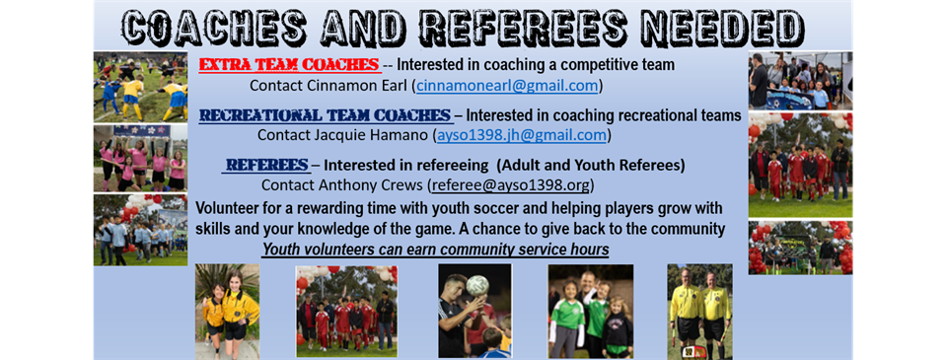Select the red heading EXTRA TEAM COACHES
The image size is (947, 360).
(x=290, y=65)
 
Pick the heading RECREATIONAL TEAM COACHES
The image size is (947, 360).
(x=326, y=115)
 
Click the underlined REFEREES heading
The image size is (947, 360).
(x=265, y=164)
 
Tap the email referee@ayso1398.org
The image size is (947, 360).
(x=513, y=184)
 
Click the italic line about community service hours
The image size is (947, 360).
(x=435, y=250)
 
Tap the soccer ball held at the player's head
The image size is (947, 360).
(x=476, y=285)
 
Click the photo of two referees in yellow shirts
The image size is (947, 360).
(x=699, y=310)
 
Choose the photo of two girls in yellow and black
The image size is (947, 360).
(x=227, y=310)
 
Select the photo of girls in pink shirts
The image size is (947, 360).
(x=139, y=157)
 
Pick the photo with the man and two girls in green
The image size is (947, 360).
(x=590, y=310)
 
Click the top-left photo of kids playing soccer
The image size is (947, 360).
(x=139, y=87)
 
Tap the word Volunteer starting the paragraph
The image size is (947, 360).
(x=230, y=209)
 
